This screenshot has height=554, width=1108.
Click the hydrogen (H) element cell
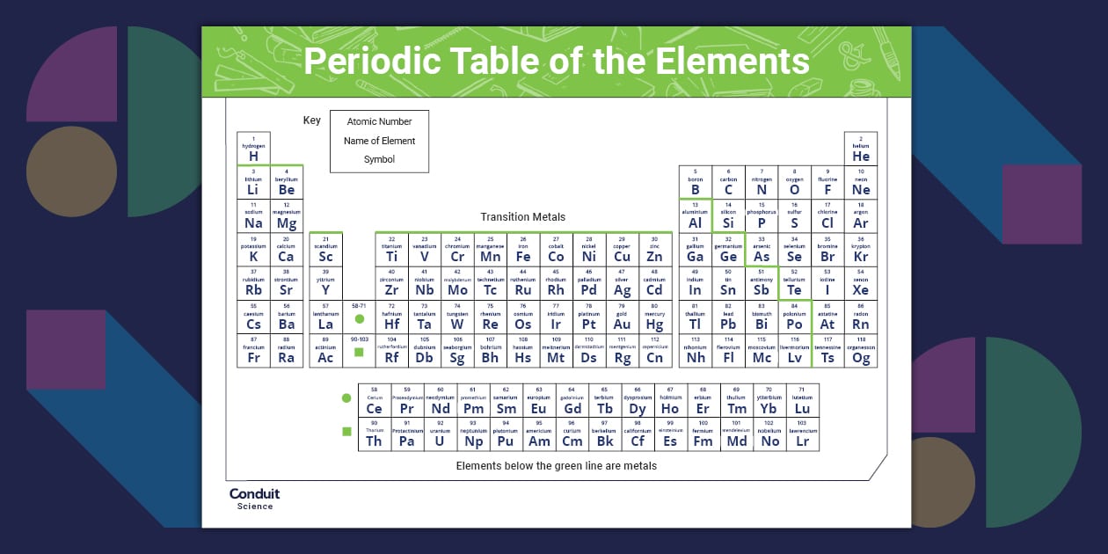(x=253, y=149)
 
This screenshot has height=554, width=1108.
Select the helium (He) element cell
(x=861, y=149)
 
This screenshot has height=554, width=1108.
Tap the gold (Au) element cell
(x=622, y=317)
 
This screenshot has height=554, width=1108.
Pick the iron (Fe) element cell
(x=523, y=250)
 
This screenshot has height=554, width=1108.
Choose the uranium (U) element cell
(x=440, y=434)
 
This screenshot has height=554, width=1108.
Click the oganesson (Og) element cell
(x=861, y=351)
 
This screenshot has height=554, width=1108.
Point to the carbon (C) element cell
(x=728, y=183)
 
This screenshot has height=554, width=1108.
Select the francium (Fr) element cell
(x=253, y=351)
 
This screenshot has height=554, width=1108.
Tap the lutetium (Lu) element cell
(x=802, y=401)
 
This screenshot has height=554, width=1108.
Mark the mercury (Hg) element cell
(x=654, y=317)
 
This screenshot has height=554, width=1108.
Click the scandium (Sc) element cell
(x=325, y=250)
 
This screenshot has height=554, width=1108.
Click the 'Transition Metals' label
(x=523, y=216)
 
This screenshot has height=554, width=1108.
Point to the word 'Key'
(x=312, y=120)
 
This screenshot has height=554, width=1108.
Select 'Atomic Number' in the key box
(x=379, y=121)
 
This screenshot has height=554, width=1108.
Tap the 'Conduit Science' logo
(x=254, y=498)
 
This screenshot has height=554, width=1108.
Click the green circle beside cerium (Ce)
(x=346, y=398)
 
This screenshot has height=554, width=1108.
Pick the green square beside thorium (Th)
(x=346, y=432)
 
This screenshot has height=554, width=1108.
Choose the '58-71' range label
(x=360, y=305)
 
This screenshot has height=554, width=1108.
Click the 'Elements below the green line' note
(x=556, y=466)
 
